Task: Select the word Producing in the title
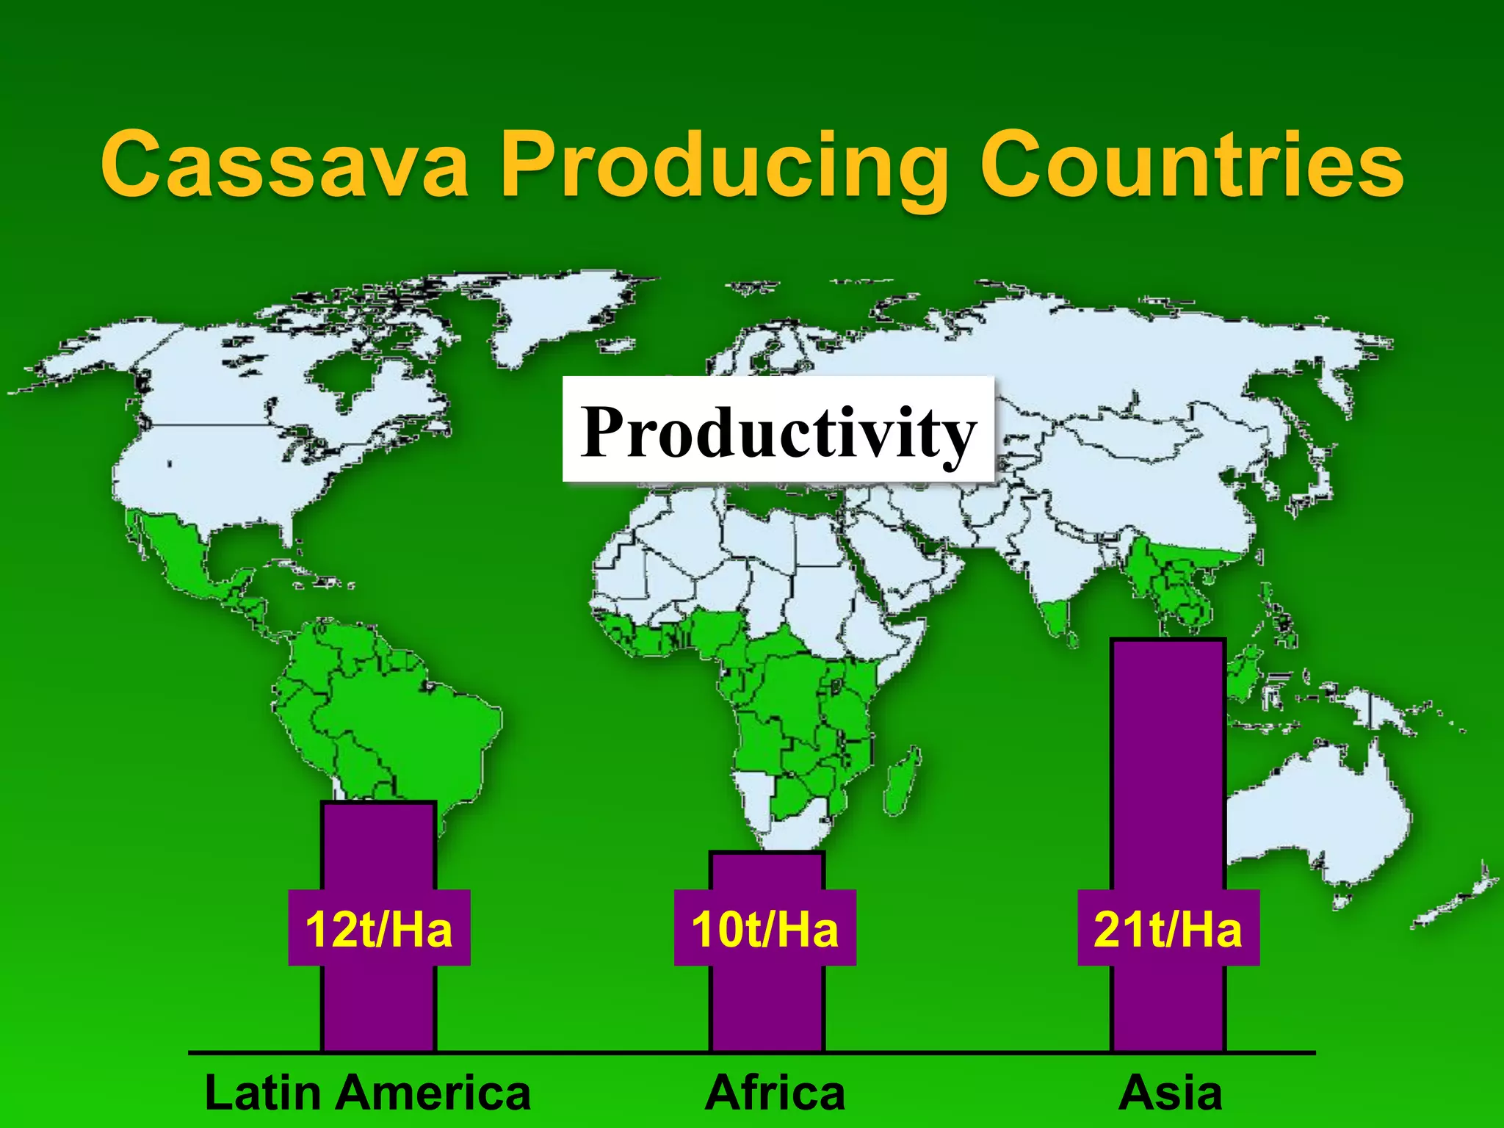point(723,166)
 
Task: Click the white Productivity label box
point(778,430)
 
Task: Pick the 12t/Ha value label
point(379,928)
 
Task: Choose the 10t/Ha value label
point(764,928)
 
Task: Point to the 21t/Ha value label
point(1168,928)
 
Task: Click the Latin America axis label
point(367,1093)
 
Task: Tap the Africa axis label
point(775,1093)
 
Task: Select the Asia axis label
point(1170,1093)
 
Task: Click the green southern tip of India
point(1057,617)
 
